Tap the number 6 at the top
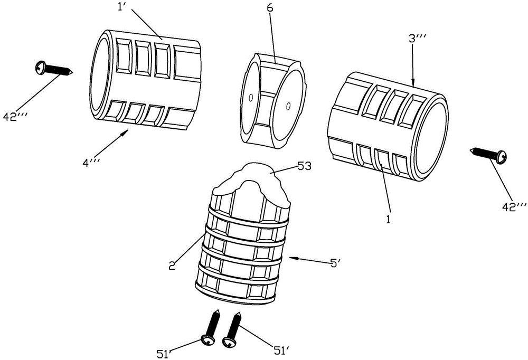tap(270, 8)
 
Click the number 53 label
tap(305, 166)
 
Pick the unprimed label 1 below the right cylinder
tap(388, 220)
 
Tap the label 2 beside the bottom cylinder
tap(172, 266)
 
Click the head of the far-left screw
tap(41, 67)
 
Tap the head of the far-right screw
tap(501, 156)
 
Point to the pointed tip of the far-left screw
tap(73, 72)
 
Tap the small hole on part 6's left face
tap(250, 98)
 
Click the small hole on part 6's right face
tap(288, 106)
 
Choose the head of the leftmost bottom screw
tap(206, 340)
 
